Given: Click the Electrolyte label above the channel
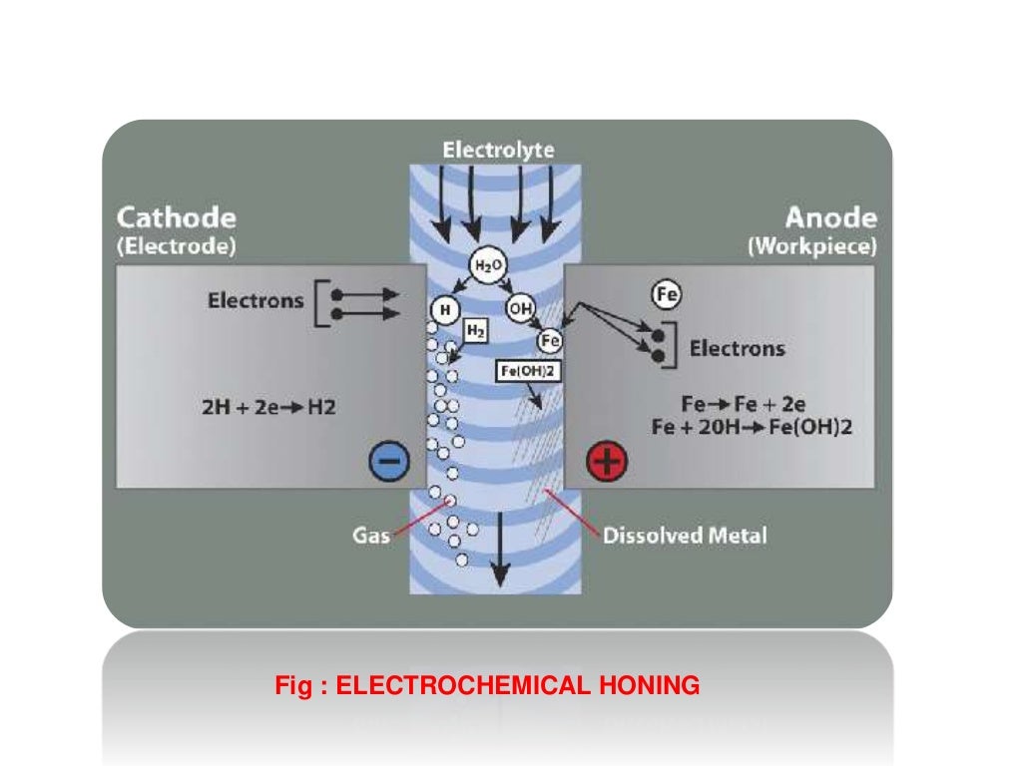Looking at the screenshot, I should coord(498,151).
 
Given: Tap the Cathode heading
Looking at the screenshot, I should coord(177,217).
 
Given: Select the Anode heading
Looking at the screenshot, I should coord(830,217).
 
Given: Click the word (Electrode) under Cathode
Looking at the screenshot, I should coord(177,247).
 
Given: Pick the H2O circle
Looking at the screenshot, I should coord(484,266).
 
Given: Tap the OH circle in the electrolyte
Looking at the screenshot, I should coord(520,308).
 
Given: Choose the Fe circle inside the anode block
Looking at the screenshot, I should coord(666,294).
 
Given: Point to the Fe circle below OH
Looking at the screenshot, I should coord(550,339).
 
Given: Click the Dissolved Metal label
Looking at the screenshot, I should coord(685,536).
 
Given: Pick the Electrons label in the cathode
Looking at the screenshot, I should coord(255,300).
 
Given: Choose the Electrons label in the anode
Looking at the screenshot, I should coord(738,348).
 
